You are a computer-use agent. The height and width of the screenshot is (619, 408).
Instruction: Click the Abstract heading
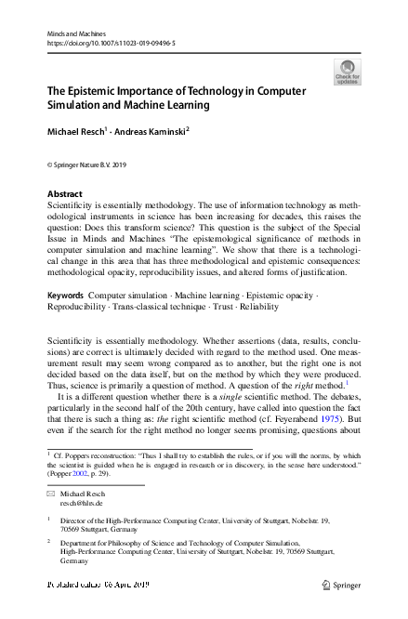tap(64, 194)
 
